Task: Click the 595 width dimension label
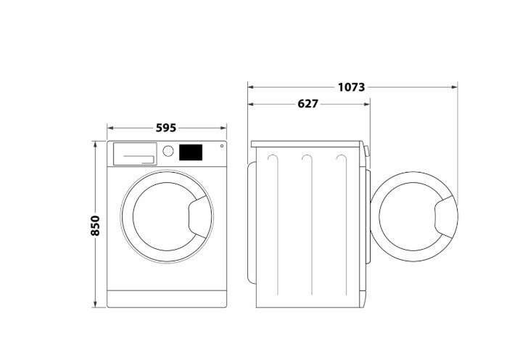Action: coord(166,128)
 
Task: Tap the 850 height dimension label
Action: coord(95,226)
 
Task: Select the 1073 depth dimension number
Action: coord(351,87)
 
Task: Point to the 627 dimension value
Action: coord(308,104)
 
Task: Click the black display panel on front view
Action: coord(190,152)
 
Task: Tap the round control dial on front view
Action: coord(168,152)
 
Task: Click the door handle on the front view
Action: coord(197,219)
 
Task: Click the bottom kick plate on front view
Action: coord(167,299)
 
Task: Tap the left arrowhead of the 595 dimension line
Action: coord(110,128)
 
